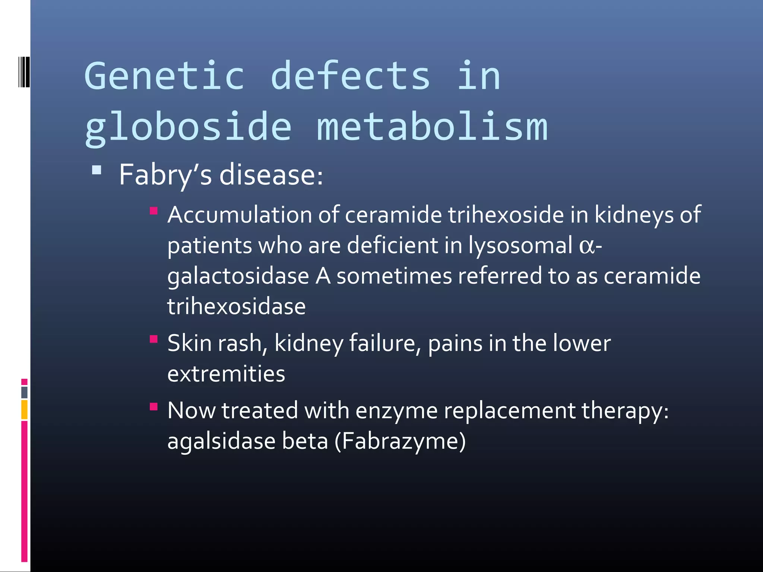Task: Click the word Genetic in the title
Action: (x=164, y=76)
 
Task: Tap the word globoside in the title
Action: (x=188, y=128)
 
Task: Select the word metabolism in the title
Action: (x=432, y=128)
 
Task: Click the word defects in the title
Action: (x=350, y=76)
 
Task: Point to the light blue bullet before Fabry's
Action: (x=96, y=171)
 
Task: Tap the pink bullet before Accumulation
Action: (x=153, y=212)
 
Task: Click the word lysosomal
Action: (x=520, y=246)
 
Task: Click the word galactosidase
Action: (x=238, y=277)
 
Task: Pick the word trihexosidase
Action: (x=236, y=307)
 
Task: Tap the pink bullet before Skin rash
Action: (x=153, y=339)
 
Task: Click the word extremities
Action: (x=226, y=374)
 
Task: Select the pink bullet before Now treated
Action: (x=153, y=406)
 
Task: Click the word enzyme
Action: (x=396, y=411)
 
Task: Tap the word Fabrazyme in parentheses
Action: (x=400, y=441)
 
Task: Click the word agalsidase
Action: (x=221, y=441)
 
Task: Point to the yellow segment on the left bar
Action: (x=24, y=410)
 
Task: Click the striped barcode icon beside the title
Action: (x=24, y=72)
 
